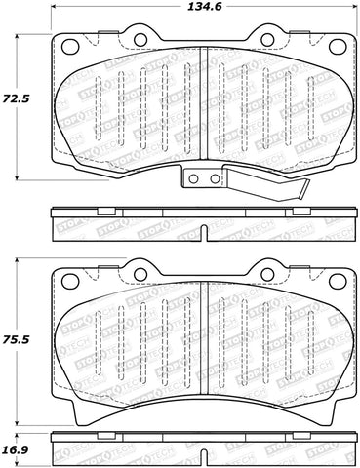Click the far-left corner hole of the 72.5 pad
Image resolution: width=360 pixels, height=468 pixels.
click(x=69, y=47)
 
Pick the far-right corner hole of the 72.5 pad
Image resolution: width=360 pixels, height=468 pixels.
click(x=335, y=47)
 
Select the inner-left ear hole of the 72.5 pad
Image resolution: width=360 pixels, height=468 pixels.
click(x=139, y=40)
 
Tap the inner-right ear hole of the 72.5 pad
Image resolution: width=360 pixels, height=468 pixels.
click(x=264, y=40)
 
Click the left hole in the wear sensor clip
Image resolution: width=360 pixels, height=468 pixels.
click(x=193, y=178)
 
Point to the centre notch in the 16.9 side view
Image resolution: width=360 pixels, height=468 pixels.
click(x=202, y=455)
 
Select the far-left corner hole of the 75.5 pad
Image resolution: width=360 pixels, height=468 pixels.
click(x=69, y=280)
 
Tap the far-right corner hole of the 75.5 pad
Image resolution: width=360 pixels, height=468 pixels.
click(x=335, y=280)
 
